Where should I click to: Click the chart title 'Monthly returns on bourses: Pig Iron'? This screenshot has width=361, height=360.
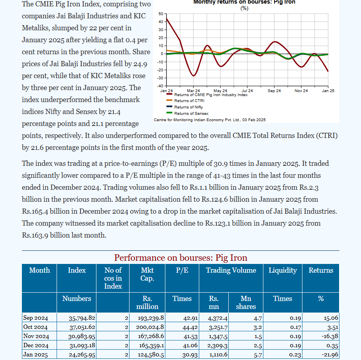point(244,2)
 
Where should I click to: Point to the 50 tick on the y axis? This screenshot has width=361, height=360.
point(161,14)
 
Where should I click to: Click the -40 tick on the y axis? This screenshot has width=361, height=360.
point(159,86)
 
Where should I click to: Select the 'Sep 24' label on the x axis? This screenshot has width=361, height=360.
point(274,91)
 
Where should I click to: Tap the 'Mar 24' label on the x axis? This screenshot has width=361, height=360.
point(193,91)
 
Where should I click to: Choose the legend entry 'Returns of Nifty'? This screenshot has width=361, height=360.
point(188,107)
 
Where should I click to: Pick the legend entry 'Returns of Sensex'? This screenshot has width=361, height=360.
point(191,114)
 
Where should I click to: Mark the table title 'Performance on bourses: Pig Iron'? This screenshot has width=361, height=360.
point(180,258)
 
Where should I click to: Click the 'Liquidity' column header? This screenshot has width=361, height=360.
point(283,270)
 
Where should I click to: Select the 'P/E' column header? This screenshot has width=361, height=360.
point(182,270)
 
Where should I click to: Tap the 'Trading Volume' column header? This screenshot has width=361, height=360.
point(231,270)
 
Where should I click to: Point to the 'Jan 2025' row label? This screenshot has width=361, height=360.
point(36,355)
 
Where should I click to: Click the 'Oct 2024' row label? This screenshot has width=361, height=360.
point(36,327)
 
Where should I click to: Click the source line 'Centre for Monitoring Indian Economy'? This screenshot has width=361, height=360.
point(209,120)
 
